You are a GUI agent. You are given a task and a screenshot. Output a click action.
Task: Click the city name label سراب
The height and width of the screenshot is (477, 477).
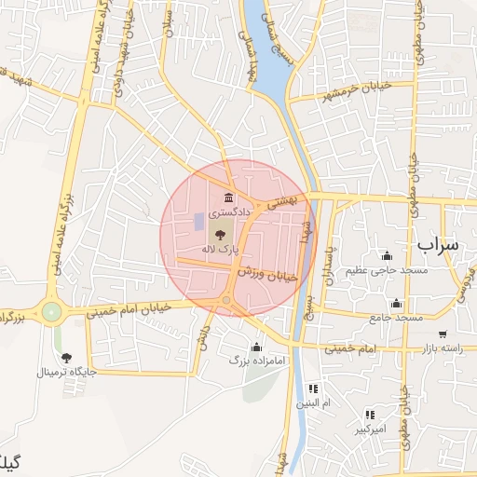click(x=438, y=245)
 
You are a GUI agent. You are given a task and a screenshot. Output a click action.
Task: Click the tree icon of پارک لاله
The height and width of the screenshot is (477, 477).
click(x=221, y=235)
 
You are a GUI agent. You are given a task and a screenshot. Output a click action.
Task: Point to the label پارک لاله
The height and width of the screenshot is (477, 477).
click(x=222, y=250)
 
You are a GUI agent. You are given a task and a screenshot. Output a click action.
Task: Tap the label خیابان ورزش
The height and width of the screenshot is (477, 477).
click(x=267, y=273)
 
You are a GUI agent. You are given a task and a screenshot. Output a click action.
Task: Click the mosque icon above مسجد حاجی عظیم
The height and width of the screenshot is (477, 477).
click(x=387, y=256)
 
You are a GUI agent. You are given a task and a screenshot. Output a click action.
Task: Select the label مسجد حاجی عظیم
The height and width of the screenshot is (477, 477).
click(x=387, y=271)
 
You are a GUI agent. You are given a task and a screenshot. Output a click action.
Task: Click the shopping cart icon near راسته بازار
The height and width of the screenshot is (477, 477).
click(x=442, y=334)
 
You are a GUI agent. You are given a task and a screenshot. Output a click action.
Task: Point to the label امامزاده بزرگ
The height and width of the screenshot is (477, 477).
click(x=257, y=359)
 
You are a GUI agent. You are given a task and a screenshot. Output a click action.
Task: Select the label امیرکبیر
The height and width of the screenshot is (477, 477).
click(x=370, y=429)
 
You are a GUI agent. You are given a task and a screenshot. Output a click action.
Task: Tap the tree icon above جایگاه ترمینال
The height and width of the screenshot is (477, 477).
click(x=66, y=357)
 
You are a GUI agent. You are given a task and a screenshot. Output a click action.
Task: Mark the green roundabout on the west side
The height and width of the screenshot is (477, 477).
click(x=51, y=311)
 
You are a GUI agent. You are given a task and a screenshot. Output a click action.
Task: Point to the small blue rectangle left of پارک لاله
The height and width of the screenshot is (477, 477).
click(x=198, y=223)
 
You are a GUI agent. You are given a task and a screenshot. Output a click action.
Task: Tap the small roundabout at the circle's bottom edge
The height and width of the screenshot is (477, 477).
click(x=226, y=300)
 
